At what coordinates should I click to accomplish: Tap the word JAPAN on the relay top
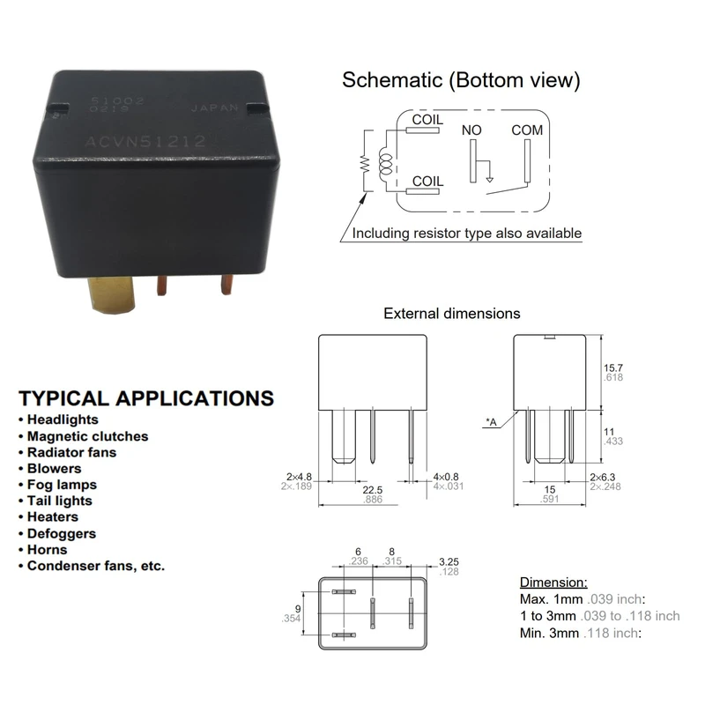pyautogui.click(x=215, y=109)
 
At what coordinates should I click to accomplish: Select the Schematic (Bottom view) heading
pyautogui.click(x=461, y=81)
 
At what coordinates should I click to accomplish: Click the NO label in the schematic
pyautogui.click(x=472, y=130)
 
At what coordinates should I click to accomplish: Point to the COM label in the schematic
pyautogui.click(x=527, y=130)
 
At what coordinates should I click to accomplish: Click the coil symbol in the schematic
pyautogui.click(x=384, y=159)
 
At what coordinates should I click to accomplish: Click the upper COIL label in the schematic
pyautogui.click(x=427, y=120)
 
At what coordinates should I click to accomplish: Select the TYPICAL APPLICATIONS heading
pyautogui.click(x=146, y=397)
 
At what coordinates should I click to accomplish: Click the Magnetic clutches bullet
pyautogui.click(x=87, y=436)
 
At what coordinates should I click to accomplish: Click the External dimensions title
pyautogui.click(x=452, y=313)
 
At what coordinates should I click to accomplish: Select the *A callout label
pyautogui.click(x=490, y=423)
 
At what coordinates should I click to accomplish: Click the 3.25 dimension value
pyautogui.click(x=449, y=560)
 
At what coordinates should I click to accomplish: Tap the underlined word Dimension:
pyautogui.click(x=553, y=583)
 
